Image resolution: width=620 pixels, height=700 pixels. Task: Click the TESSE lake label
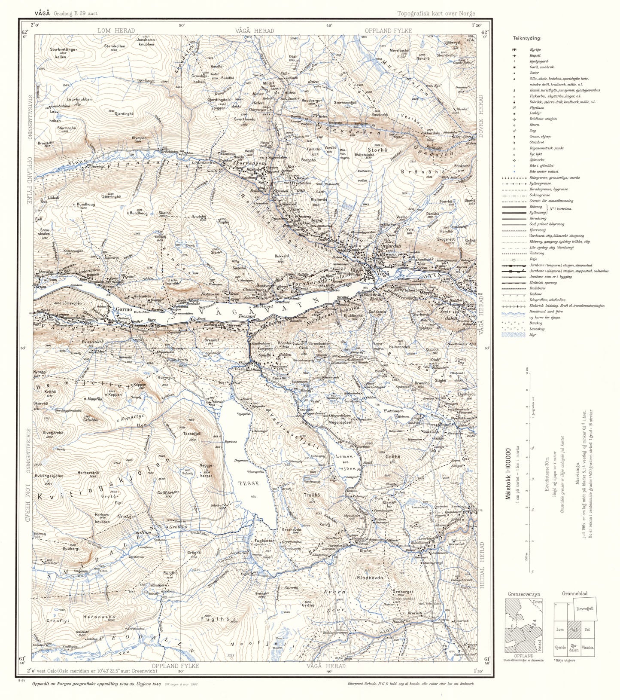click(x=249, y=483)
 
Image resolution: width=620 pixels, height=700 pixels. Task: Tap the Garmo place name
click(x=124, y=309)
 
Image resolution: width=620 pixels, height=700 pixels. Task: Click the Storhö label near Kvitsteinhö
click(x=377, y=150)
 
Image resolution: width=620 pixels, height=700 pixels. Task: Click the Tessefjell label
click(x=192, y=434)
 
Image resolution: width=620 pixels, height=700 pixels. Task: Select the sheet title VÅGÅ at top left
click(x=43, y=13)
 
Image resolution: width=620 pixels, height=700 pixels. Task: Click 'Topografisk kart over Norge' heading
click(x=436, y=13)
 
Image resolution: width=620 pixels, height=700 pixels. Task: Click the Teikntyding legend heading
click(x=527, y=38)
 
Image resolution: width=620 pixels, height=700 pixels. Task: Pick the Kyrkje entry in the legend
click(x=535, y=50)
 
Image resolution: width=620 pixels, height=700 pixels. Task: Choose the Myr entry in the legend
click(x=532, y=335)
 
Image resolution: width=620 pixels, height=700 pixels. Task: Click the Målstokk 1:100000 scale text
click(x=508, y=474)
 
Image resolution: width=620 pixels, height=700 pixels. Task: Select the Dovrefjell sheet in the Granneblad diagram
click(x=585, y=608)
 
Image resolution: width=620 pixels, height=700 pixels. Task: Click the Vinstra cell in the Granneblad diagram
click(x=587, y=647)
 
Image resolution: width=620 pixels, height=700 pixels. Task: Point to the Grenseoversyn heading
click(x=524, y=594)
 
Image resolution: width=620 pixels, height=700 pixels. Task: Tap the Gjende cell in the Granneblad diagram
click(x=560, y=647)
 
